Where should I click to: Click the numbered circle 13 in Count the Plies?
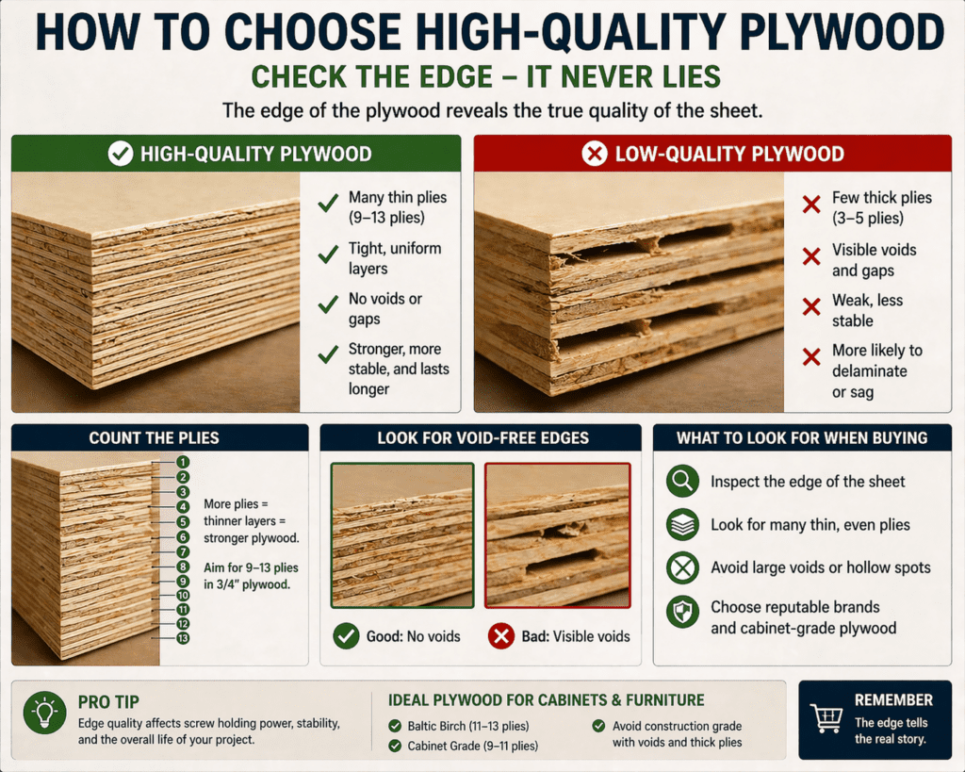click(183, 639)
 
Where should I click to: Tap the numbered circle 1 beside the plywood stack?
click(183, 463)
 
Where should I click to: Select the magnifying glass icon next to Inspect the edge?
click(681, 482)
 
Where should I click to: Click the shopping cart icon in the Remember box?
click(826, 718)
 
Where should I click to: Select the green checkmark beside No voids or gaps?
click(328, 304)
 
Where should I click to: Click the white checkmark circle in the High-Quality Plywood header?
click(120, 154)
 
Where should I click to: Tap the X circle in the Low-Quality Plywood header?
click(595, 154)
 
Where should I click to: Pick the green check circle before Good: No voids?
click(347, 636)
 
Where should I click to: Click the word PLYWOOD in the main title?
click(820, 34)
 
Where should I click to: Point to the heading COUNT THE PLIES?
click(154, 438)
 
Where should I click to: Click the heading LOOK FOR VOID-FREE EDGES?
click(482, 438)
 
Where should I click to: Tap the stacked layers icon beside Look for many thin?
click(681, 525)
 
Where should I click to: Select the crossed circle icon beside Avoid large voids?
click(681, 567)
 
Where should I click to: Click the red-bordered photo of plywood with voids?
click(557, 534)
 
